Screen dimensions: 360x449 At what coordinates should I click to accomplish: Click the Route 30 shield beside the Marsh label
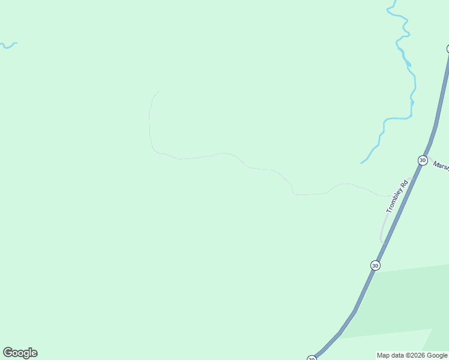pos(423,161)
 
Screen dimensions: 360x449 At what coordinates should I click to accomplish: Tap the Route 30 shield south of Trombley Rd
pos(375,265)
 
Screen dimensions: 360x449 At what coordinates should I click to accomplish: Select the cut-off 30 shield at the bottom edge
pos(312,358)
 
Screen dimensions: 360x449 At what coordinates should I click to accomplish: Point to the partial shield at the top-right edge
pos(447,49)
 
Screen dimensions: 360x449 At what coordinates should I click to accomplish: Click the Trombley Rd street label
pos(397,196)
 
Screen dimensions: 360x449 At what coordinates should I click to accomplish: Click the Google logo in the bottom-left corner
pos(20,353)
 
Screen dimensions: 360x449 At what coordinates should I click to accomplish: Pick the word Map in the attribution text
pos(383,355)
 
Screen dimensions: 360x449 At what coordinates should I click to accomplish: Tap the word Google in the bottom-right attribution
pos(437,355)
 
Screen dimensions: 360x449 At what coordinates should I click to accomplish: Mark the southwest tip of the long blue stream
pos(361,163)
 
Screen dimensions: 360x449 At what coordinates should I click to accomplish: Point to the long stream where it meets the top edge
pos(393,2)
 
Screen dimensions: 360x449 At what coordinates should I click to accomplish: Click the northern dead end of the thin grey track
pos(158,92)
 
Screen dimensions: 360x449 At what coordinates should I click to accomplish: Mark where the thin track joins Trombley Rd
pos(390,196)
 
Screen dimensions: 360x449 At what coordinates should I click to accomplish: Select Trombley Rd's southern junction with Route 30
pos(383,242)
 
